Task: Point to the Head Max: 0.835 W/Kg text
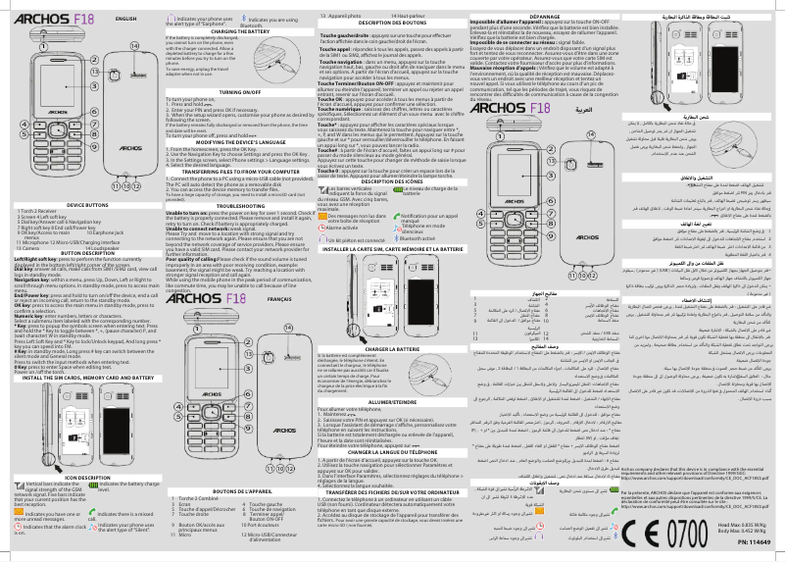click(x=745, y=525)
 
